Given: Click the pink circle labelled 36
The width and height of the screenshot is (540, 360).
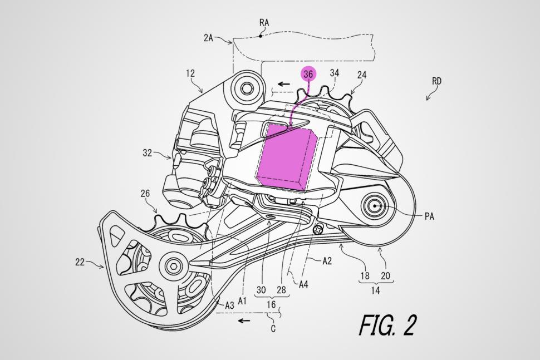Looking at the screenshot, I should [308, 73].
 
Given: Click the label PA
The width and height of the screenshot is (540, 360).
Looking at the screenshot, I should [429, 216].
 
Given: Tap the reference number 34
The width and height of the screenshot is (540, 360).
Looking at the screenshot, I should [335, 72].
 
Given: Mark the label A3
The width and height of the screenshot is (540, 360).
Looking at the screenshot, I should [229, 305].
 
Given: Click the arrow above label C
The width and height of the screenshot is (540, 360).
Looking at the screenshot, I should [243, 320].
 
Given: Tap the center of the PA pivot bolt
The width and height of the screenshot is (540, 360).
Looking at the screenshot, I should [376, 205].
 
